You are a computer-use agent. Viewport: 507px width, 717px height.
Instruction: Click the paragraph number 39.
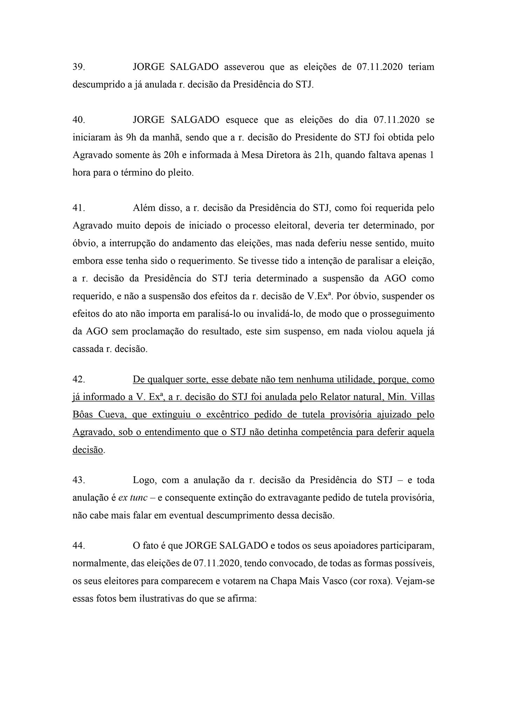78,67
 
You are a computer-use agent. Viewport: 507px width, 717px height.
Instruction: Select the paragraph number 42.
78,380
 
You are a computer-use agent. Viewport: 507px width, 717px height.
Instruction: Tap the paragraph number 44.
78,545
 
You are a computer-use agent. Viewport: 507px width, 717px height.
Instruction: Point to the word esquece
242,120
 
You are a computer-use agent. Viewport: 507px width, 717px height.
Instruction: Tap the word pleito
181,173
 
